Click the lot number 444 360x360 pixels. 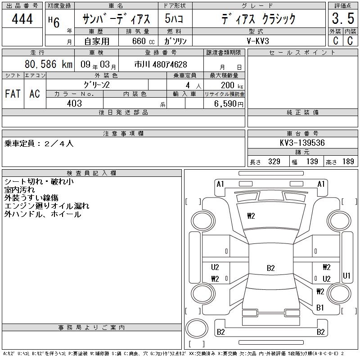click(x=22, y=18)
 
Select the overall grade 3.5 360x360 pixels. click(x=343, y=18)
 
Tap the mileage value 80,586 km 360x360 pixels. click(x=49, y=64)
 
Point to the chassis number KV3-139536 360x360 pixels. click(x=302, y=143)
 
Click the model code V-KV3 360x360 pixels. click(x=258, y=41)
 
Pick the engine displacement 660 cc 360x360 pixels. click(x=143, y=41)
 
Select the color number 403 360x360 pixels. click(x=74, y=103)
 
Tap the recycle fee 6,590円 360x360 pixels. click(x=229, y=104)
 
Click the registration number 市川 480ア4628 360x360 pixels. click(x=161, y=64)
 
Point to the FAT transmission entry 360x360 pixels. click(x=13, y=94)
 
